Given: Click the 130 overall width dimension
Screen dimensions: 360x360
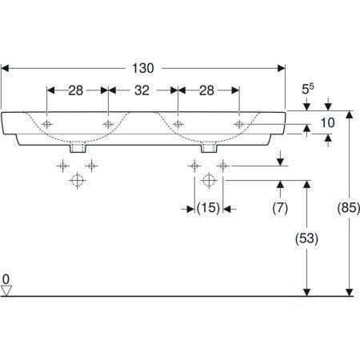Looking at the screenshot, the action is [143, 68].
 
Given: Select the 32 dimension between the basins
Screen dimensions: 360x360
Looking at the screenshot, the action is [142, 90].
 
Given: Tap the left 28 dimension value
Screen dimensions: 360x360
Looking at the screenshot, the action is [76, 90].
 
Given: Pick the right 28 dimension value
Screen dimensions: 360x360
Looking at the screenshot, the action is [206, 90].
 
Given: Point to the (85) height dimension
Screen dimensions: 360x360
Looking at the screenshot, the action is [349, 207].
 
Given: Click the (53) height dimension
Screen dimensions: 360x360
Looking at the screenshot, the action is [306, 238].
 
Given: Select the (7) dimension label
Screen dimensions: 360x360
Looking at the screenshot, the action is [280, 207].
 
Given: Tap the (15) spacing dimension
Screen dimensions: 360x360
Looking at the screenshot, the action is [208, 207].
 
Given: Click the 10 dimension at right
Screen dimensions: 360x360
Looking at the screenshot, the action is [327, 122].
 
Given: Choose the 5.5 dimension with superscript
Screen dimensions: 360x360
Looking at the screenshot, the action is [308, 89].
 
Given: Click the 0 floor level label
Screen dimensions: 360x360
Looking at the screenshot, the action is [6, 279].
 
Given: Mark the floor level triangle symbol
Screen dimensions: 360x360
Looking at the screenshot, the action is [6, 290].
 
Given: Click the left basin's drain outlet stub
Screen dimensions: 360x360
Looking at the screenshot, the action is [78, 149].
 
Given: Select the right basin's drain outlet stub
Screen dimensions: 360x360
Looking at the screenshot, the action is [209, 149].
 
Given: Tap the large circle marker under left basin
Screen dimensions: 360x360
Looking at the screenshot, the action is [78, 181].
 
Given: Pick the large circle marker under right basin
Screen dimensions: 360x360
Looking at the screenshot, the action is [209, 180].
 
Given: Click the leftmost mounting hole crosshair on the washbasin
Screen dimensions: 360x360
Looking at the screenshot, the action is [47, 124].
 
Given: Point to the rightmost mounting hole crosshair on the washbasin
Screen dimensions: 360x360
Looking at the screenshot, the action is [239, 124].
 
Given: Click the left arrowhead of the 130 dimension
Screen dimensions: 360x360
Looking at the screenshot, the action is [5, 68].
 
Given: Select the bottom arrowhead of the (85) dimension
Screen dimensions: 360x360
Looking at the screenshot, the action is [350, 293].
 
